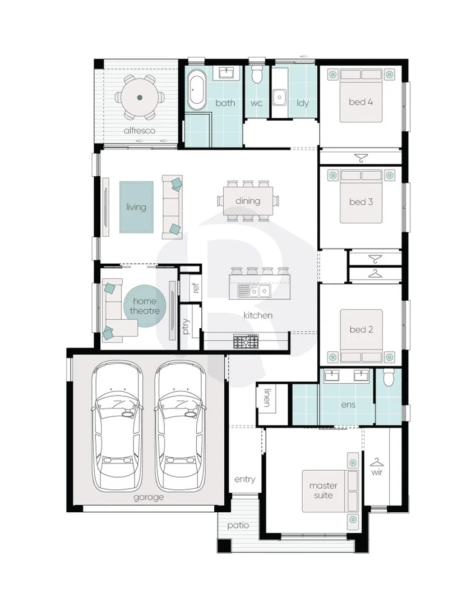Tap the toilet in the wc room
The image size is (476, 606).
point(256,74)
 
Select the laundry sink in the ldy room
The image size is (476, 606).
point(280,98)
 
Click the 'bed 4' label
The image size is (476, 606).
point(361,102)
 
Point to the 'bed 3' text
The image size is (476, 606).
point(361,202)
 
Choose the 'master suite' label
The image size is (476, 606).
point(323,490)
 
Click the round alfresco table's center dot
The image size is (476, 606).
point(140,98)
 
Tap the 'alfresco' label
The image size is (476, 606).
point(140,131)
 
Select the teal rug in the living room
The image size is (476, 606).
point(136,207)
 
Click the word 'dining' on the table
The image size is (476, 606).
point(248,200)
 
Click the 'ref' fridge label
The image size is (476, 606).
point(195,287)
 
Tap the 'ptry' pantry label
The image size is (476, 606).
point(186,326)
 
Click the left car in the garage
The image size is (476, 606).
point(117,425)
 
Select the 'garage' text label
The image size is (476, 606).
point(149,497)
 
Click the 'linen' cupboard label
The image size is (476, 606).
point(267,398)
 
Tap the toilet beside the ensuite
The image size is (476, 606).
point(389,378)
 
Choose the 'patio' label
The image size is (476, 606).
point(238,525)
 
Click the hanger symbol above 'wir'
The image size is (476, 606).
point(377,462)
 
